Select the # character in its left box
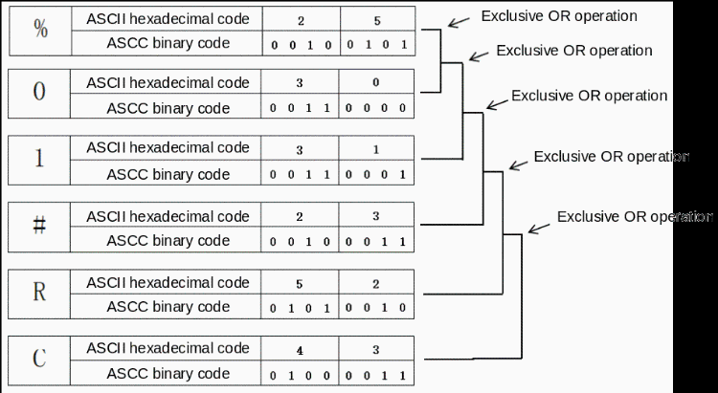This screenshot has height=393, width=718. tap(38, 228)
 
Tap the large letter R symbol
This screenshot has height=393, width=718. tap(38, 294)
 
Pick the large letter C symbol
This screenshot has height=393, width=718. tap(38, 360)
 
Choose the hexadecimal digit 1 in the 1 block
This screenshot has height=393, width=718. tap(376, 149)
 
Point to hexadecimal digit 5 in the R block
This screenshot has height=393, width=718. tap(300, 284)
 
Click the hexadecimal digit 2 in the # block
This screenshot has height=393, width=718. tap(300, 217)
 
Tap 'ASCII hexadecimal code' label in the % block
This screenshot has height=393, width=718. tap(168, 17)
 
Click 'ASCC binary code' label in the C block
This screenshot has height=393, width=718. tap(168, 373)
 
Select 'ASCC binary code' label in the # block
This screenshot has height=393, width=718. tap(168, 240)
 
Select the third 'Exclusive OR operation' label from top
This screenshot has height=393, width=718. tap(589, 96)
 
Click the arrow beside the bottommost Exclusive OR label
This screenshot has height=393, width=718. tap(539, 225)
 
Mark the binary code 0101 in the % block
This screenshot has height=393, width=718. tap(376, 44)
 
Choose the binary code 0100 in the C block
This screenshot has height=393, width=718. tap(300, 373)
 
